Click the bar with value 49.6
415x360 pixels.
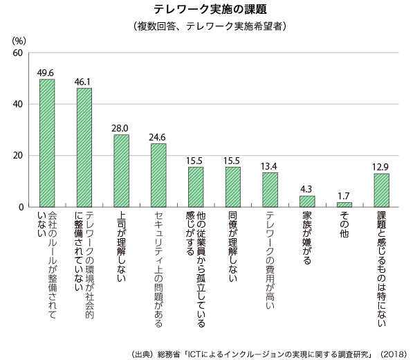pyautogui.click(x=47, y=143)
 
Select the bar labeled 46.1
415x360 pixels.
pyautogui.click(x=84, y=147)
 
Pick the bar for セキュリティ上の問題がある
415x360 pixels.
pyautogui.click(x=158, y=175)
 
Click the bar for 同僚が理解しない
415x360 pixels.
pyautogui.click(x=232, y=187)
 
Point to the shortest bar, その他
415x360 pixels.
pyautogui.click(x=344, y=204)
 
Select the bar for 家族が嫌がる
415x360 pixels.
pyautogui.click(x=307, y=201)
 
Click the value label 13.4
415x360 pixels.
pyautogui.click(x=270, y=166)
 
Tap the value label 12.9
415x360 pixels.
pyautogui.click(x=381, y=167)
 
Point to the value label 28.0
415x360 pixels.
pyautogui.click(x=121, y=128)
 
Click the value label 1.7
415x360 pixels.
pyautogui.click(x=344, y=196)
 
